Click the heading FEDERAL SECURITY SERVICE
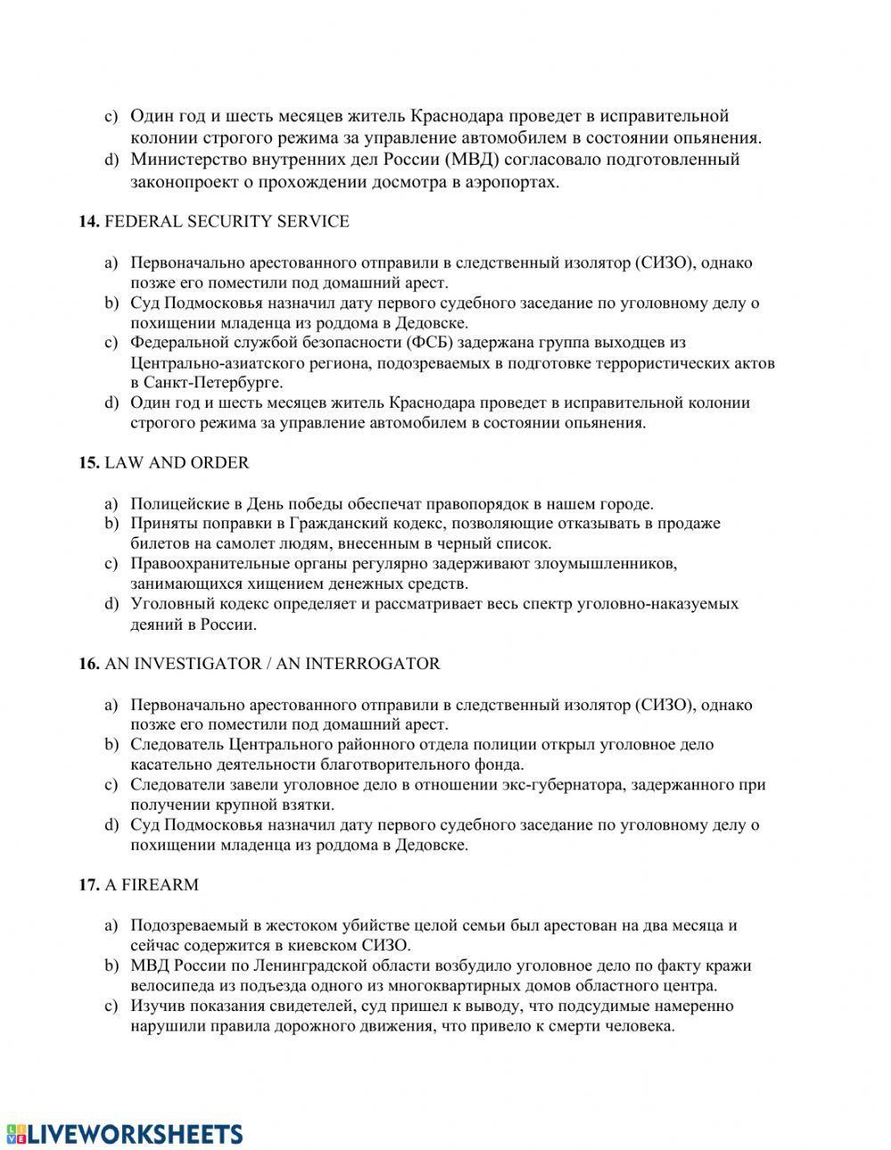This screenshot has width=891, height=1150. click(x=226, y=222)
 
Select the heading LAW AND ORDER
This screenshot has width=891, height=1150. click(x=176, y=463)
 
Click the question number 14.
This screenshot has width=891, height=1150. click(x=88, y=222)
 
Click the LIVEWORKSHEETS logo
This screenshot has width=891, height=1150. click(x=125, y=1133)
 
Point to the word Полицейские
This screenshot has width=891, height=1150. click(x=176, y=503)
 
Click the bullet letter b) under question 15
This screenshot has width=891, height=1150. click(x=111, y=523)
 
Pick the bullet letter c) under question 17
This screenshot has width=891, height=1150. click(x=111, y=1007)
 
